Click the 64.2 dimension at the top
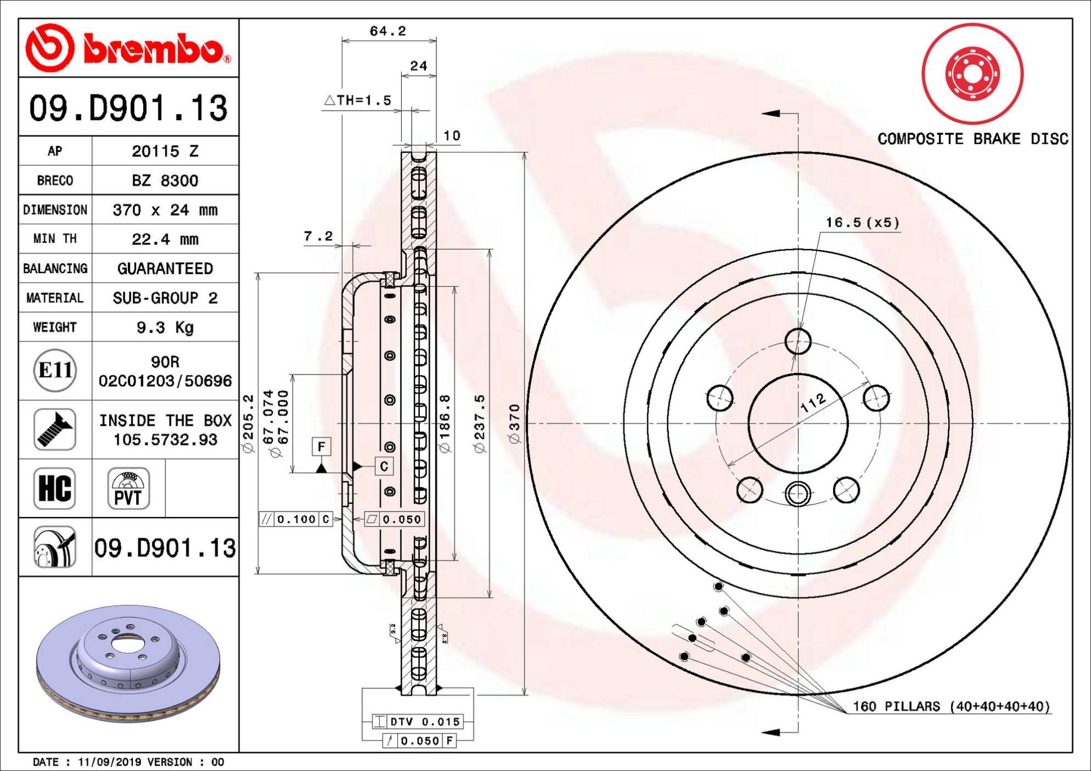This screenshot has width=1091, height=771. (x=387, y=31)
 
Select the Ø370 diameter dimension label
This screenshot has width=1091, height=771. (x=514, y=423)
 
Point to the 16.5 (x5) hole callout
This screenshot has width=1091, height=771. (x=862, y=222)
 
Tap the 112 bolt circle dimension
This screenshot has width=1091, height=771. (x=813, y=403)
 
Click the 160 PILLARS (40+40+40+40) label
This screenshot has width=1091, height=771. (x=952, y=706)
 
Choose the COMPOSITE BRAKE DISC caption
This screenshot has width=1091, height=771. (x=973, y=139)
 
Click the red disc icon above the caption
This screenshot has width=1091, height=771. (x=973, y=73)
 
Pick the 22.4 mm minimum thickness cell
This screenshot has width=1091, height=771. (x=165, y=239)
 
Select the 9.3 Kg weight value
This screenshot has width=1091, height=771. (x=165, y=328)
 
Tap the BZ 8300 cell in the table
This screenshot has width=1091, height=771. (x=165, y=181)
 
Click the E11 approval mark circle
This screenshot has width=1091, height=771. (x=55, y=370)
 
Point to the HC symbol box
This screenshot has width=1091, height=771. (x=55, y=488)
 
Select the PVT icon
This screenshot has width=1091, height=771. (x=128, y=488)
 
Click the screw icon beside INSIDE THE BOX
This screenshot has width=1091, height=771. (x=55, y=430)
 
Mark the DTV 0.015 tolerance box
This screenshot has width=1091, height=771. (x=417, y=721)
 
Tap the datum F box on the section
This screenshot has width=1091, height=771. (x=321, y=446)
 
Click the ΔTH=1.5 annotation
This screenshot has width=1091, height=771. (x=357, y=100)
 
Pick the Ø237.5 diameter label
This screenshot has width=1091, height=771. (x=480, y=423)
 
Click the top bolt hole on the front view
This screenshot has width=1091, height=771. (x=798, y=341)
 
